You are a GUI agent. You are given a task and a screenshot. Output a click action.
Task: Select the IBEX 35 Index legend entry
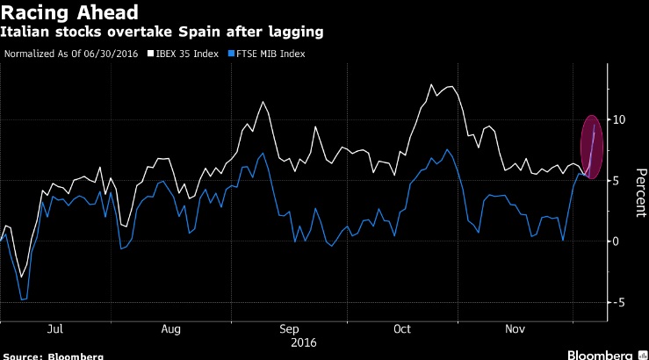click(189, 54)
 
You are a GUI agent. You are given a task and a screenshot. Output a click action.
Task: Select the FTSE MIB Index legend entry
click(273, 54)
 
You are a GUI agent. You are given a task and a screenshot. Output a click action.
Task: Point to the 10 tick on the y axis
click(621, 119)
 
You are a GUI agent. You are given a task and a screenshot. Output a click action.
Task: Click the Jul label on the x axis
click(54, 330)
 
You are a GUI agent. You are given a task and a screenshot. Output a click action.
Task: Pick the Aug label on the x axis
click(171, 330)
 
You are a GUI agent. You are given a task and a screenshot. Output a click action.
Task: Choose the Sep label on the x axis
click(289, 330)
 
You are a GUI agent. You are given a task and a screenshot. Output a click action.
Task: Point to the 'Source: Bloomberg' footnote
click(53, 356)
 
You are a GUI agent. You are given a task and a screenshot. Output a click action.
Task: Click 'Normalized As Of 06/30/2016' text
click(76, 54)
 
